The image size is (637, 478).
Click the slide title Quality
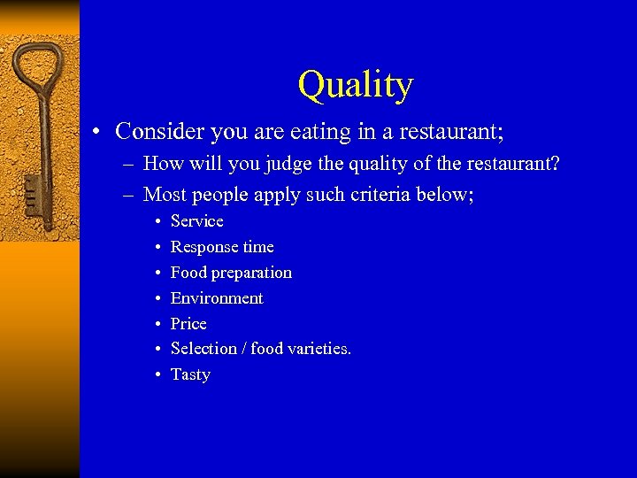[356, 85]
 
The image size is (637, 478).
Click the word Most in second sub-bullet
[164, 194]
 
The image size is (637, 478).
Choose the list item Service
[196, 221]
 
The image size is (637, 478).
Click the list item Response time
[222, 247]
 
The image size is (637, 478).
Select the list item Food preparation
[231, 273]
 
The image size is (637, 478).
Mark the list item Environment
[217, 298]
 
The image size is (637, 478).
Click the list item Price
[188, 324]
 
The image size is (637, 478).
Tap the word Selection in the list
[203, 349]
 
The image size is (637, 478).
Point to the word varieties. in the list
[319, 349]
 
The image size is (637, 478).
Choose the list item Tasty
[190, 374]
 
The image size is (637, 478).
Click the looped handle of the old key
[41, 66]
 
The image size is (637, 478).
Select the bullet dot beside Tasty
[157, 375]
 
